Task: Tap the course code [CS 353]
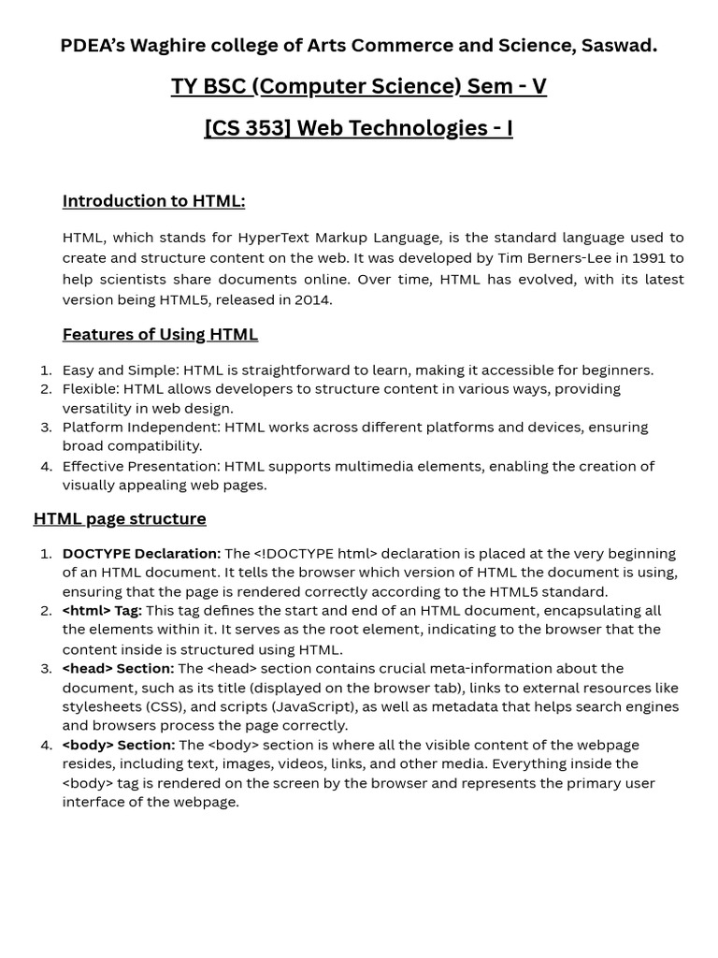point(248,127)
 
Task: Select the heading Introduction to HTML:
point(153,200)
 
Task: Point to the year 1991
point(646,258)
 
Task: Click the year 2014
point(312,299)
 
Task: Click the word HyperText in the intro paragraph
point(282,238)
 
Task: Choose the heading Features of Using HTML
point(160,334)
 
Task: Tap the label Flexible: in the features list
point(91,388)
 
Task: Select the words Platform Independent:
point(141,427)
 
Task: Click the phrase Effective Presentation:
point(140,466)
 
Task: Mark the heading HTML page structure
point(120,518)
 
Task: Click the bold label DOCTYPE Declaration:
point(141,553)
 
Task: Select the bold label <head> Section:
point(118,668)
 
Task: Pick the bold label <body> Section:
point(119,745)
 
